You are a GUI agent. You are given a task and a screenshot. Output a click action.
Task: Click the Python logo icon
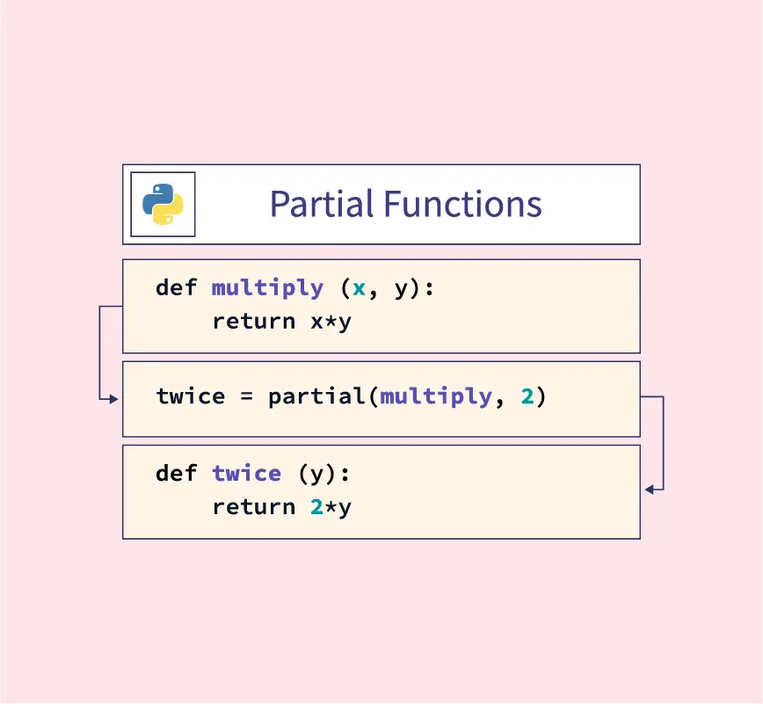point(163,204)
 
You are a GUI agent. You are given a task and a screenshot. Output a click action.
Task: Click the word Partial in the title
point(322,204)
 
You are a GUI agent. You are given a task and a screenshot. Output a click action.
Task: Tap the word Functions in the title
point(462,204)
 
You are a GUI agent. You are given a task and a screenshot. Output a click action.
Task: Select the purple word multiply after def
point(267,288)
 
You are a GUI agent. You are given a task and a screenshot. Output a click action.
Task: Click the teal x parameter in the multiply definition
point(360,288)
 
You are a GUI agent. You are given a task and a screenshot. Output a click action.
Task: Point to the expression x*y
point(331,322)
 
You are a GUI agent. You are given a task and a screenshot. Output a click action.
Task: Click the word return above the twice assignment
point(254,321)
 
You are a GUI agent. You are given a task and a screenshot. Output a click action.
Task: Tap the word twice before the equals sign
point(191,396)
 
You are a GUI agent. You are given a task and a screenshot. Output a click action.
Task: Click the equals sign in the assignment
point(247,397)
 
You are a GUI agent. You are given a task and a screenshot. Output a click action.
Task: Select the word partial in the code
point(316,396)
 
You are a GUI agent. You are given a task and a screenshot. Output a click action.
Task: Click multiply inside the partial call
point(436,397)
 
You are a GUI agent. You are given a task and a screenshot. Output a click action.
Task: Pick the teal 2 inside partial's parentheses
point(527,396)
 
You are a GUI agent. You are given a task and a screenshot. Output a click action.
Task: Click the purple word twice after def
point(247,474)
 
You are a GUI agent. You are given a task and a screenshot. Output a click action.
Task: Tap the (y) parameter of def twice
point(317,474)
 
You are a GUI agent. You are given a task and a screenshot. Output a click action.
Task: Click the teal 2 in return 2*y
point(316,507)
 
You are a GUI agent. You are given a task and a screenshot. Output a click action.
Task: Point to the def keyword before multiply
point(176,287)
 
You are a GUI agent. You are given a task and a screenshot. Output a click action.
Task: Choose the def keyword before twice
point(176,473)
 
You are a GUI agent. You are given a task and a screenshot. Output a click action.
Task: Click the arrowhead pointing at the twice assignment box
point(114,399)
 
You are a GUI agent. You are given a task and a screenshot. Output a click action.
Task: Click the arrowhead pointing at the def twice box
point(649,490)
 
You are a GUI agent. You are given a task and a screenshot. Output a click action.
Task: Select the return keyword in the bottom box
point(254,507)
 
